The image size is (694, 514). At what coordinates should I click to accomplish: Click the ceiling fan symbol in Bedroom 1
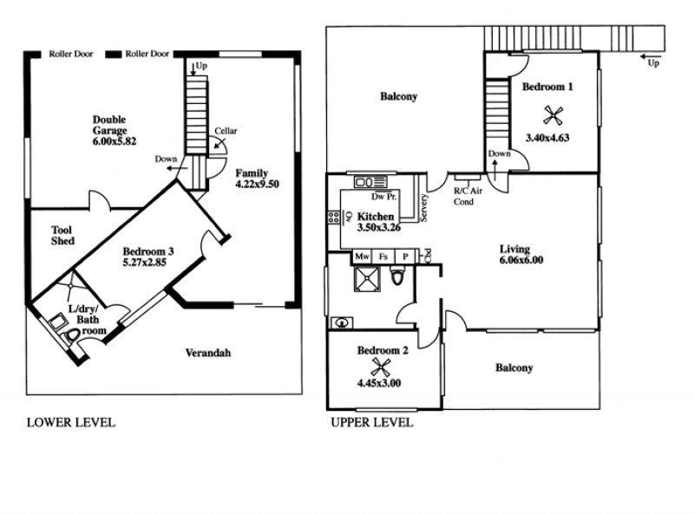click(x=553, y=116)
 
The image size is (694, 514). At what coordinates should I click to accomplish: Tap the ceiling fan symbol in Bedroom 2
click(x=380, y=368)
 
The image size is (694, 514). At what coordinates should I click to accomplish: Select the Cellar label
click(x=226, y=131)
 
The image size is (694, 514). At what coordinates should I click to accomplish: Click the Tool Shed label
click(x=62, y=235)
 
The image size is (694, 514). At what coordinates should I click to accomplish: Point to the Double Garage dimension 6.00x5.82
click(x=115, y=141)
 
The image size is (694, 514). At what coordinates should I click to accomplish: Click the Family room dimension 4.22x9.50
click(x=257, y=184)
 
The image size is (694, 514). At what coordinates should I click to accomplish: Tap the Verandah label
click(x=208, y=353)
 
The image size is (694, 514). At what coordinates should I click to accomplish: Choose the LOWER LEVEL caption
click(x=71, y=422)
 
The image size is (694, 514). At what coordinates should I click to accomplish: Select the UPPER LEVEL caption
click(x=372, y=422)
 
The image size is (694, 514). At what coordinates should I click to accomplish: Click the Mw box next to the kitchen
click(x=362, y=257)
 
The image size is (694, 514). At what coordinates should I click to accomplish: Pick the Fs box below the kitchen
click(x=383, y=257)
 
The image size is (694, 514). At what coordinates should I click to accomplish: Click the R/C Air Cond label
click(x=468, y=197)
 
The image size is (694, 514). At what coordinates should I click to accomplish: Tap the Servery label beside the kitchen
click(x=424, y=208)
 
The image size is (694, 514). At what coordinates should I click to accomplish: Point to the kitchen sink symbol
click(x=370, y=182)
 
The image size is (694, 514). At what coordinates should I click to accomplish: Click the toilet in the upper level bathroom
click(x=397, y=276)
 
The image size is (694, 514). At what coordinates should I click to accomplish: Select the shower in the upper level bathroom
click(x=367, y=279)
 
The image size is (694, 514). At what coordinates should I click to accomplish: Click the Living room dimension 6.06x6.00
click(x=521, y=260)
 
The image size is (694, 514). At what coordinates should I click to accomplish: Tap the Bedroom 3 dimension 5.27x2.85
click(x=145, y=263)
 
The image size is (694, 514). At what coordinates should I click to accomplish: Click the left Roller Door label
click(x=71, y=54)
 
